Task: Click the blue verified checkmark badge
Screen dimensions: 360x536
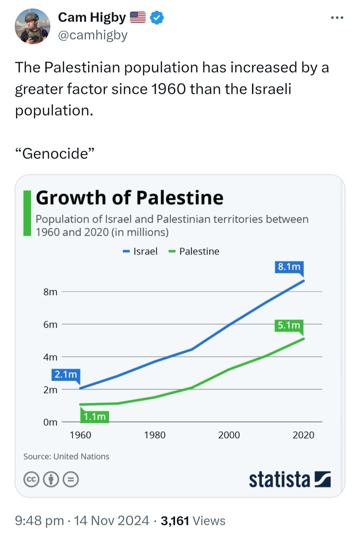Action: coord(157,17)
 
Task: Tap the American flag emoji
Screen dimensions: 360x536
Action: coord(138,17)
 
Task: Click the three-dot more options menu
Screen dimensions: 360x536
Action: coord(337,17)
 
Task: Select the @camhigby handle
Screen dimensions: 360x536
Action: coord(93,35)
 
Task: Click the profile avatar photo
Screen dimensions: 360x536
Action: coord(33,26)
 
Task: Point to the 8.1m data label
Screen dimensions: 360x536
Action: coord(289,267)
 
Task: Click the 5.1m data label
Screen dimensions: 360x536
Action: coord(289,325)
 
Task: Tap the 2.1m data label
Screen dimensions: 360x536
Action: coord(66,374)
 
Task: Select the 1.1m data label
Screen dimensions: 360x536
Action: coord(95,417)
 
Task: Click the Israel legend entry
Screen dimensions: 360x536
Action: coord(140,251)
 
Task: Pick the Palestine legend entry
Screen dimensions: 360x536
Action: coord(194,251)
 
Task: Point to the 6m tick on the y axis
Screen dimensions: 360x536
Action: coord(50,325)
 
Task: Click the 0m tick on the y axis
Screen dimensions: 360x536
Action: coord(50,422)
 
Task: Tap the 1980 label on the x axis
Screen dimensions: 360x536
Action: coord(155,435)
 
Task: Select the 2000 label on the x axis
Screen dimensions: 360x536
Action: coord(229,435)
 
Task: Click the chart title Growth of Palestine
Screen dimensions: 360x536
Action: coord(129,198)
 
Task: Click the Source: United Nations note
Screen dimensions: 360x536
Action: coord(66,457)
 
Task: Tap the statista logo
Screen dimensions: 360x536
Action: coord(290,479)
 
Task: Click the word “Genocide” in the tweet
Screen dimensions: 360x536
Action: coord(55,153)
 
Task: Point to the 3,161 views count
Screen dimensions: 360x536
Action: coord(175,521)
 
